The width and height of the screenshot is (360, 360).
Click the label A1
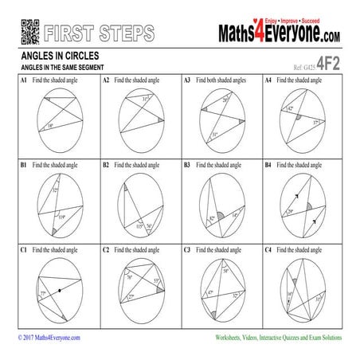point(24,81)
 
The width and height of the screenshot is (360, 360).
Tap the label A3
point(187,81)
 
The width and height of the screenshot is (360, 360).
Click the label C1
point(24,250)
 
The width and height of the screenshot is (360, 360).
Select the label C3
point(187,250)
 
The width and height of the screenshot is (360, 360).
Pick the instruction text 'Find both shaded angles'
point(222,81)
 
